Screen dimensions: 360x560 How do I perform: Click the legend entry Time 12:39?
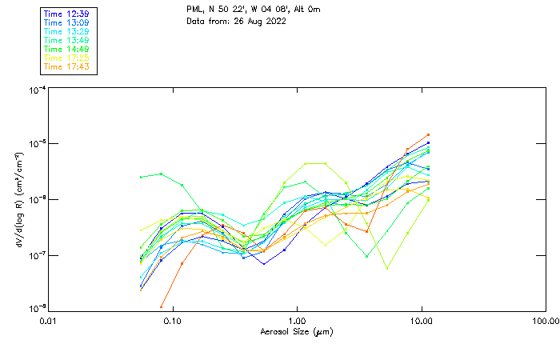click(67, 14)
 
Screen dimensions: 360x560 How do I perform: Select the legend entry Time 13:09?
click(67, 22)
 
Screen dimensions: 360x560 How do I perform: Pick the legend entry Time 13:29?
click(67, 31)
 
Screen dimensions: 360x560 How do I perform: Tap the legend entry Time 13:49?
click(67, 40)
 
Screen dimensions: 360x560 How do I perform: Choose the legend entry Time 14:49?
click(67, 49)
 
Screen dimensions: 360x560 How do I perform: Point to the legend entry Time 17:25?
click(67, 58)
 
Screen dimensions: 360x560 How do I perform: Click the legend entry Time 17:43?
click(67, 66)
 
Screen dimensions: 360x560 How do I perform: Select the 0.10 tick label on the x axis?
click(173, 321)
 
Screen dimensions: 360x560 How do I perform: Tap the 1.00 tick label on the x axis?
click(298, 321)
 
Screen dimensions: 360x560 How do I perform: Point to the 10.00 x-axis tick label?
click(422, 321)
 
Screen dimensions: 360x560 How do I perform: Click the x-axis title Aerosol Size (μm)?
click(297, 331)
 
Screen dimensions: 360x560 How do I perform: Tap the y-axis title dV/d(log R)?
click(18, 199)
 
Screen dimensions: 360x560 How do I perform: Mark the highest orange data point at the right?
click(429, 135)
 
